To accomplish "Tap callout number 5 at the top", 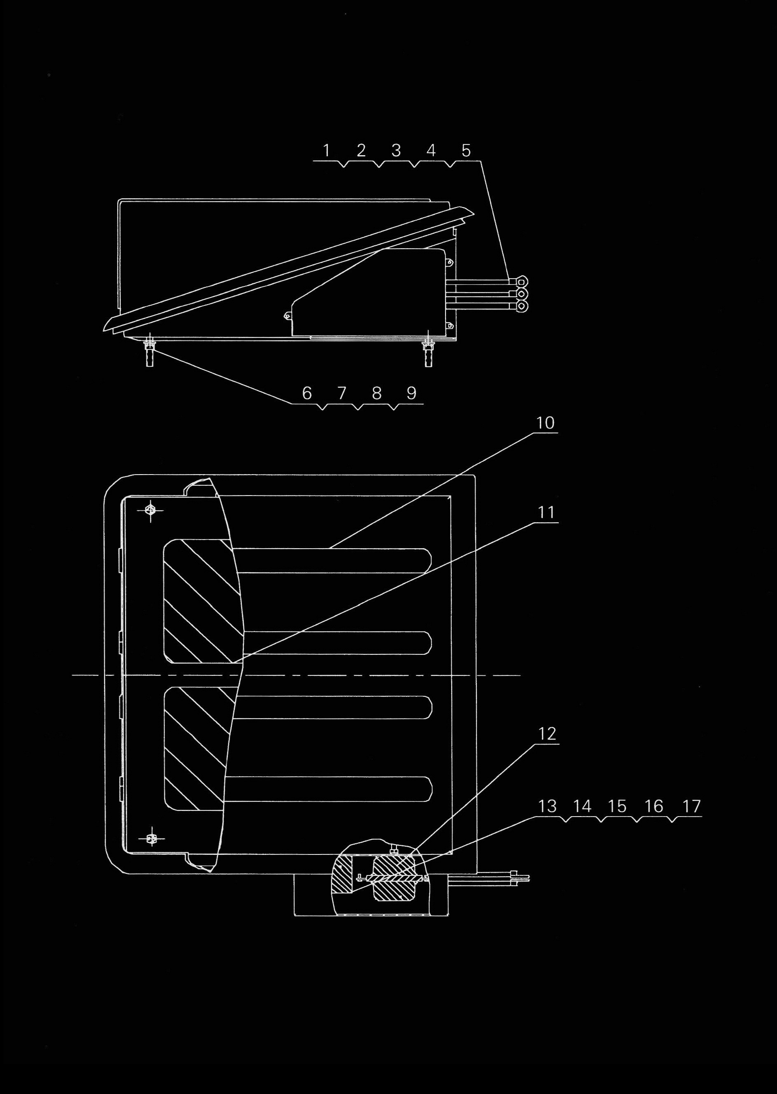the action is point(466,151).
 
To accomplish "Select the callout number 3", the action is point(396,151).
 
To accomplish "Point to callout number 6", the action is point(307,393).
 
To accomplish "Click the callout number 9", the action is point(411,393).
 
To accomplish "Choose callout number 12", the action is point(547,734).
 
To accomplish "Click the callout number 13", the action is point(547,807).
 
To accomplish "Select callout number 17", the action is point(691,807).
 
